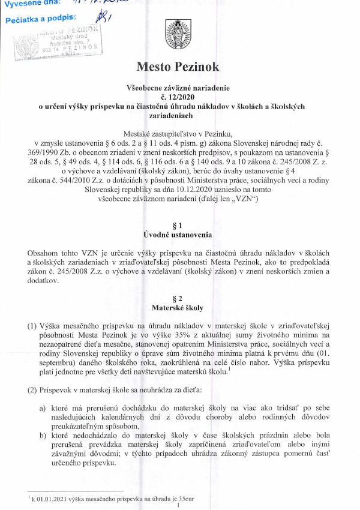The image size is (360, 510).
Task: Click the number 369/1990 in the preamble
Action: tap(41, 154)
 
